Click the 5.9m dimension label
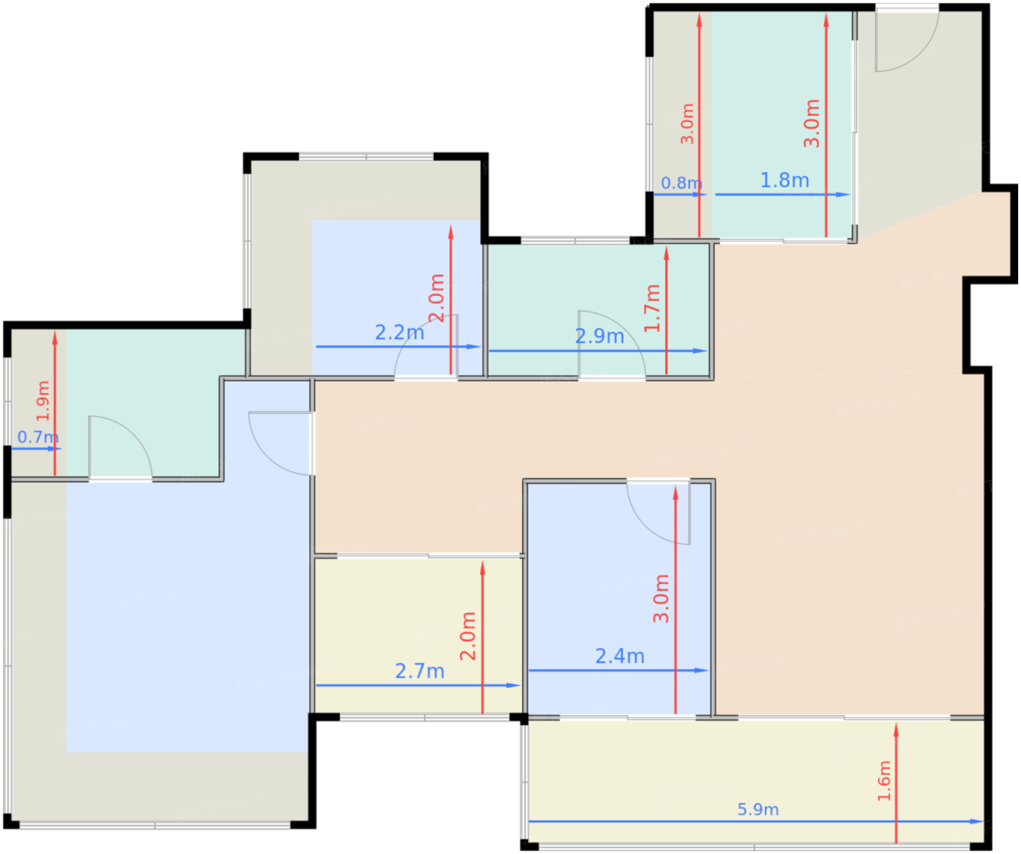(x=758, y=810)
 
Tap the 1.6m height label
(x=884, y=780)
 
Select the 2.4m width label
(x=620, y=656)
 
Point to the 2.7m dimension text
(x=419, y=672)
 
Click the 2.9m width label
(x=599, y=336)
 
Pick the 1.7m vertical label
(x=652, y=308)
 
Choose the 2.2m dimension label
(x=400, y=333)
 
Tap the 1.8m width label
(x=784, y=180)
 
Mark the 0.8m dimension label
(x=682, y=184)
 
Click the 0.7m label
(x=38, y=438)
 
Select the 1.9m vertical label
(x=43, y=401)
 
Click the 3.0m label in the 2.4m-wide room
(x=661, y=599)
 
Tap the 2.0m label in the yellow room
(x=468, y=637)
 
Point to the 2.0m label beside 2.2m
(x=437, y=298)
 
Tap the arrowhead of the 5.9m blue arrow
(x=977, y=822)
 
